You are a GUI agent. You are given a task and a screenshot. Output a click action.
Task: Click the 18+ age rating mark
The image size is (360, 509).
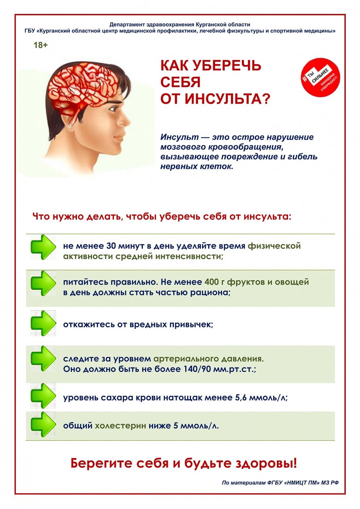(41, 45)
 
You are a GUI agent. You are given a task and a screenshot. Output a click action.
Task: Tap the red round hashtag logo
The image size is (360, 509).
(320, 77)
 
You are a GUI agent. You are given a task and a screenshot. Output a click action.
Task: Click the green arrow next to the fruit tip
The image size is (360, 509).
(43, 283)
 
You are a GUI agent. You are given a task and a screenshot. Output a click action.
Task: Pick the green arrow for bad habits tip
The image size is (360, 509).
(43, 323)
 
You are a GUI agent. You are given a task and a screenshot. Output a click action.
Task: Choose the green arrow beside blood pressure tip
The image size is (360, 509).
(43, 359)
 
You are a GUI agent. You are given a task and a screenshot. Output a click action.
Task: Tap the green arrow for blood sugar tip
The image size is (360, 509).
(43, 396)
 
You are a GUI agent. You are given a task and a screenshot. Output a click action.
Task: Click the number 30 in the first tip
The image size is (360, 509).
(111, 246)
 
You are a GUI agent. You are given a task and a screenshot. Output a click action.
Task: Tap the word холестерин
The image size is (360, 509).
(120, 426)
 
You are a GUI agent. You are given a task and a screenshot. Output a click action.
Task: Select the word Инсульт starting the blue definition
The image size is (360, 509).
(179, 137)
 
